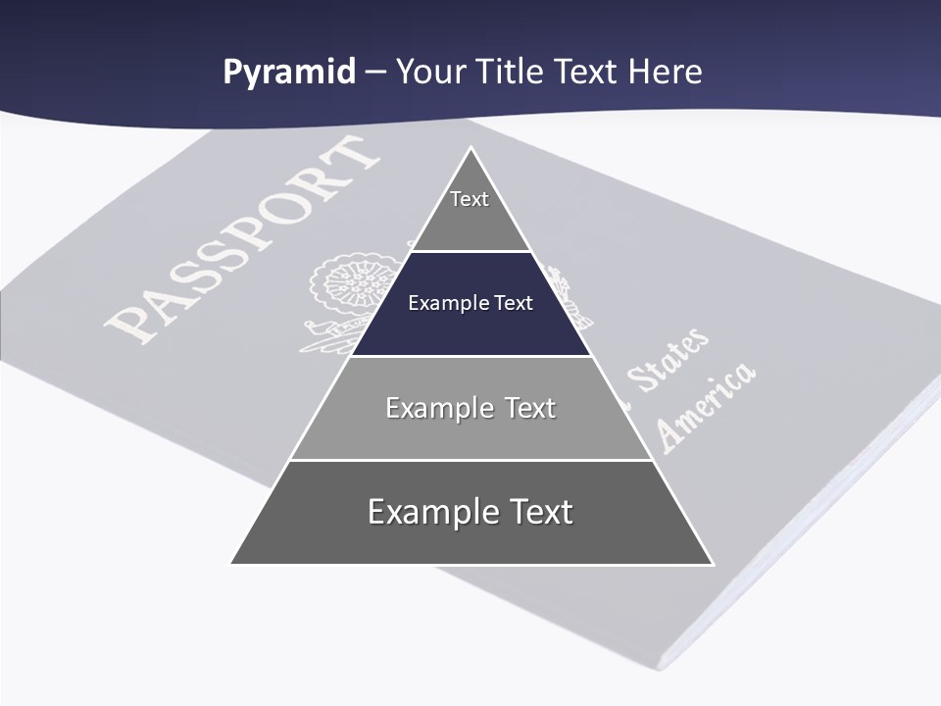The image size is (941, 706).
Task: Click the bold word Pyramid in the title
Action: click(289, 73)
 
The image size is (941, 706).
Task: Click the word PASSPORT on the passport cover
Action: click(240, 240)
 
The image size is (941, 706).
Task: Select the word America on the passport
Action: click(706, 404)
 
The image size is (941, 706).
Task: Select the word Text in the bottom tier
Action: click(539, 512)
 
